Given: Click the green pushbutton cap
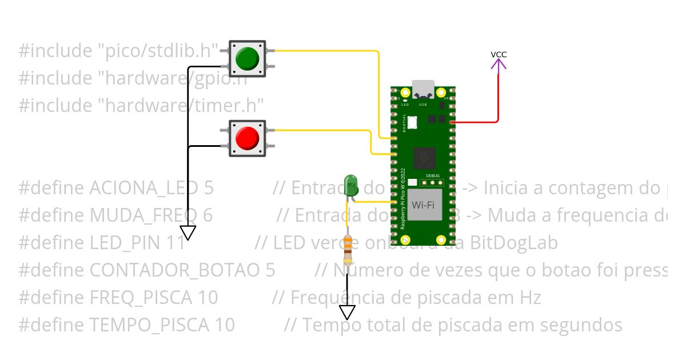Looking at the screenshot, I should [247, 58].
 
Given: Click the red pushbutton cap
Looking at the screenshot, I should [247, 138].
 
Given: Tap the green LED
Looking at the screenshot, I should [350, 185].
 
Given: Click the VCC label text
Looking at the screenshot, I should [498, 55].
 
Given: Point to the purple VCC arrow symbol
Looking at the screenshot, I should [498, 65].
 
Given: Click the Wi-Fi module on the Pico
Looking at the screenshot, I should [425, 205].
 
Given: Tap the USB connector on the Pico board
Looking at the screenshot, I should [424, 89].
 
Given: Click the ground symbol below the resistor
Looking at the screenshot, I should [347, 312].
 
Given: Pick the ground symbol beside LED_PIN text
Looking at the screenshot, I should [188, 233].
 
